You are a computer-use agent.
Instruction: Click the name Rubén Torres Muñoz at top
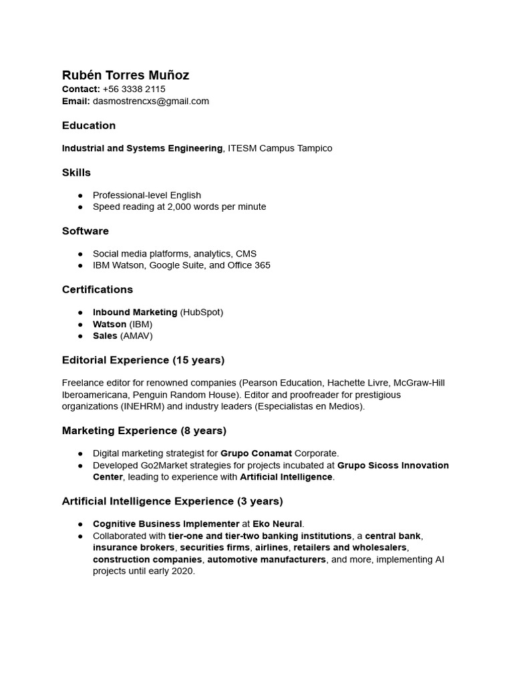pyautogui.click(x=126, y=75)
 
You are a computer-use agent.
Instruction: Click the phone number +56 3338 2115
pyautogui.click(x=134, y=89)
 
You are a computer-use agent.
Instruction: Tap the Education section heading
pyautogui.click(x=89, y=126)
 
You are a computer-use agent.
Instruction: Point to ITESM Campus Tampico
pyautogui.click(x=280, y=148)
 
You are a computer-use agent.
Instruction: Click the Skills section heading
pyautogui.click(x=76, y=172)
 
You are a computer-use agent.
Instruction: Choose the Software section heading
pyautogui.click(x=85, y=231)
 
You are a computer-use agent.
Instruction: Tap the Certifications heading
pyautogui.click(x=98, y=290)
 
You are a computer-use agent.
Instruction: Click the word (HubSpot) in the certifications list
pyautogui.click(x=202, y=313)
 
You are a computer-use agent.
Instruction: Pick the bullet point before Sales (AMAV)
pyautogui.click(x=81, y=336)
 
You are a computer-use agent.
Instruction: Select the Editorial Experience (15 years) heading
pyautogui.click(x=143, y=361)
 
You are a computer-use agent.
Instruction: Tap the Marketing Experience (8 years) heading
pyautogui.click(x=144, y=431)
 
